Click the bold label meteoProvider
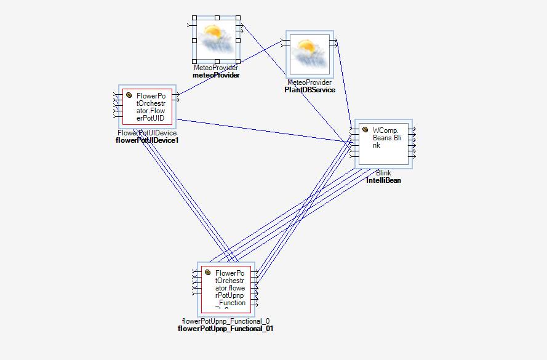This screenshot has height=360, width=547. tap(216, 75)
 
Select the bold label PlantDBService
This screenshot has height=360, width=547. tap(309, 90)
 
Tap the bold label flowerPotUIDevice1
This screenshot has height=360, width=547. tap(147, 140)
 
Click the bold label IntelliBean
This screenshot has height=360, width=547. tap(383, 180)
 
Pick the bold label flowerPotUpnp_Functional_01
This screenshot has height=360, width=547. tap(226, 329)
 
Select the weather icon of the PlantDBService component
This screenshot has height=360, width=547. tap(309, 54)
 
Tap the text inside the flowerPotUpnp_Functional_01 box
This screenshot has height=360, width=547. tap(230, 288)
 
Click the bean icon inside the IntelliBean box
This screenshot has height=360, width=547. tap(365, 130)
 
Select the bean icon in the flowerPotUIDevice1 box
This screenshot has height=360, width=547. tap(129, 95)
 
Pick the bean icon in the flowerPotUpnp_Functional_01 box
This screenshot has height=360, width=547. tap(208, 273)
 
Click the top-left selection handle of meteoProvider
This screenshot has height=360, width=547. tap(194, 18)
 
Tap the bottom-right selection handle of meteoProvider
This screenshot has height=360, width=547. tap(239, 62)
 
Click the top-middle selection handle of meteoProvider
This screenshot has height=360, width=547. tap(217, 18)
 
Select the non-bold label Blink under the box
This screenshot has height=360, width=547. tap(383, 173)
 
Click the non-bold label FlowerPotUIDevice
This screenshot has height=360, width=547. tap(147, 133)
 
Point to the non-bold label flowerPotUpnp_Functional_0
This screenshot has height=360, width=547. tap(226, 321)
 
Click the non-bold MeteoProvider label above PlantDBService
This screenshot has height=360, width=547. tap(309, 82)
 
